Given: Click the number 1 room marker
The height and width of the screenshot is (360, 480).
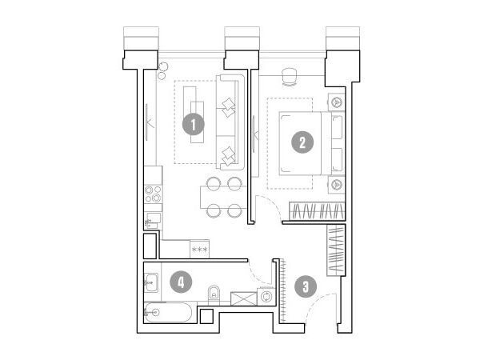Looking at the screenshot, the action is tap(193, 125).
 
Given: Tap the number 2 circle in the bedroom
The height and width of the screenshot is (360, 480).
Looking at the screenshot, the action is tap(302, 142).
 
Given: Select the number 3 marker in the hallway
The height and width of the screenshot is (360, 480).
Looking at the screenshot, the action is tap(306, 287).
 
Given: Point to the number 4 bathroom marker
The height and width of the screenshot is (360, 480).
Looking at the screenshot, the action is tap(181, 282).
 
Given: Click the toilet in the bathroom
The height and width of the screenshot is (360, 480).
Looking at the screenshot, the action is tap(214, 295).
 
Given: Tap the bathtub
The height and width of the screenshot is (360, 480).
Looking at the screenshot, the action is tap(168, 312).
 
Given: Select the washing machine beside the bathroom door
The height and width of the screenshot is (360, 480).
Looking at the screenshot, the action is tap(266, 297).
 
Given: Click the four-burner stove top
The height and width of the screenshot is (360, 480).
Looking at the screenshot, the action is tap(153, 194).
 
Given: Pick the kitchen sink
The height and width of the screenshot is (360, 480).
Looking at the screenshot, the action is tap(153, 220).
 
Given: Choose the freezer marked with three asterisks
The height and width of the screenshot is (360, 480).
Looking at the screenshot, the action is tap(199, 249).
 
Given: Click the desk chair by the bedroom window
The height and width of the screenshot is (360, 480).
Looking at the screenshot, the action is tap(290, 76).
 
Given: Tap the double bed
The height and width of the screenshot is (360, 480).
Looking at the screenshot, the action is tap(312, 143).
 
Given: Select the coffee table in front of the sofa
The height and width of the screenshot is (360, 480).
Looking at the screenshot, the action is tap(194, 114).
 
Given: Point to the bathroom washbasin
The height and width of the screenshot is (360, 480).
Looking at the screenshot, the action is tap(151, 282).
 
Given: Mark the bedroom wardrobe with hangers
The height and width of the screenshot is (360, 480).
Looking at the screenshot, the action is tap(317, 211).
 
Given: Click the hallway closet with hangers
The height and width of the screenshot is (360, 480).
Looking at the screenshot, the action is tap(336, 250).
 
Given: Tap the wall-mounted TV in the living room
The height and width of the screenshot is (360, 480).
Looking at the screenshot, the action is tap(146, 122).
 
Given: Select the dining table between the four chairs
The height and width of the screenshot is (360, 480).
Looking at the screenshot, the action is tap(223, 197).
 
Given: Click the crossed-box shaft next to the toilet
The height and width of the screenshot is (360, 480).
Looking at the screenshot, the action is tap(244, 298).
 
